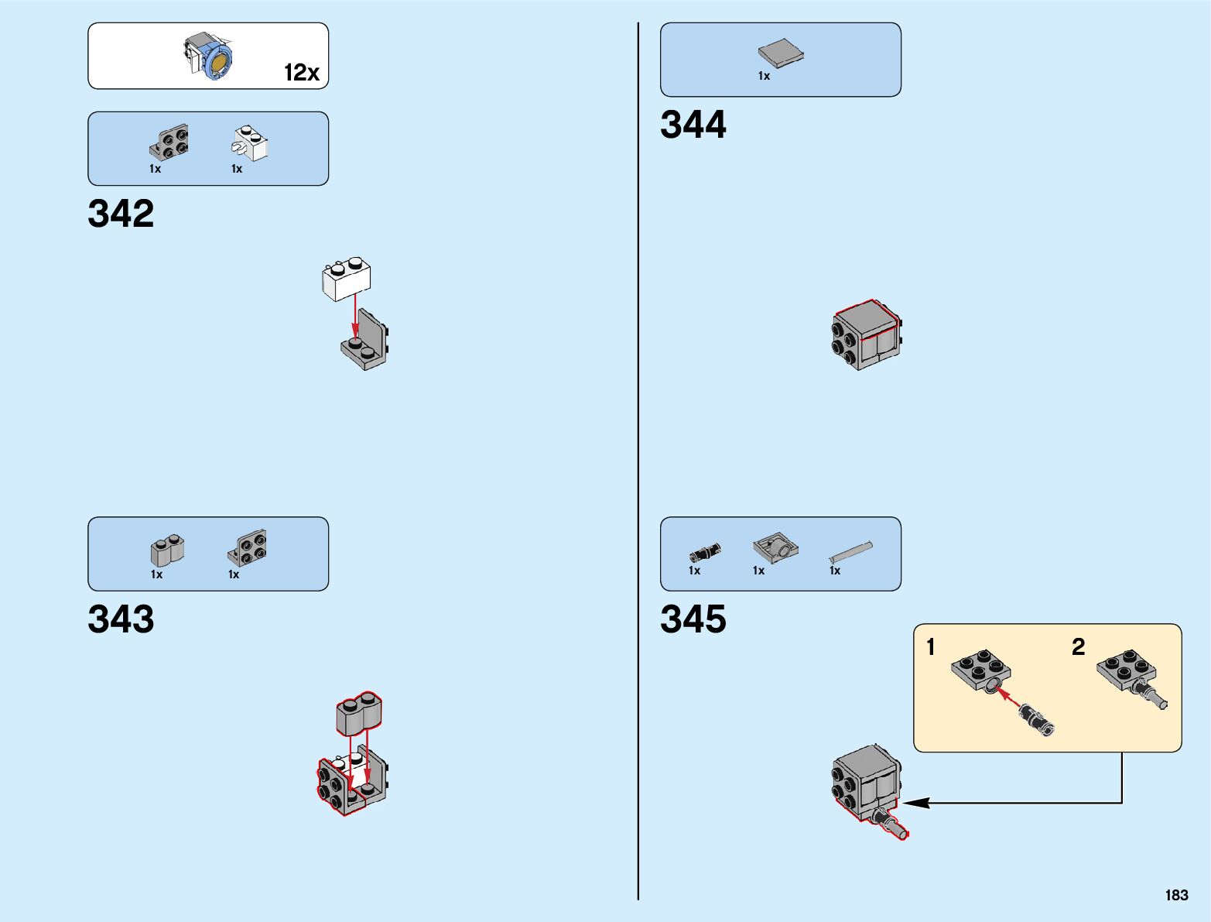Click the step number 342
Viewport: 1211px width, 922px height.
coord(121,214)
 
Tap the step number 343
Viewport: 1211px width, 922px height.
coord(121,619)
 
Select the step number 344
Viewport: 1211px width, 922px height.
coord(693,125)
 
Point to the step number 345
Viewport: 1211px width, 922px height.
coord(693,619)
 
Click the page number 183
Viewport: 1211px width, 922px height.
coord(1176,895)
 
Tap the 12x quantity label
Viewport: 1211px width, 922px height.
coord(302,73)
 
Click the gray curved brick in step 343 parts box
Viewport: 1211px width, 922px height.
coord(167,549)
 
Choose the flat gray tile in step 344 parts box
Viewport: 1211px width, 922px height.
coord(780,53)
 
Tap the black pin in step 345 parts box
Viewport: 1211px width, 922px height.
coord(705,552)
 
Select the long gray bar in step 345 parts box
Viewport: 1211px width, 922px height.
coord(850,551)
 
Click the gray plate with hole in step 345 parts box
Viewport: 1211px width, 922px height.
coord(775,548)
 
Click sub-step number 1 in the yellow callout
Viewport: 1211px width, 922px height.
coord(931,646)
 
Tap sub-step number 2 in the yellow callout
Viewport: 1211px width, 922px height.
coord(1078,646)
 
